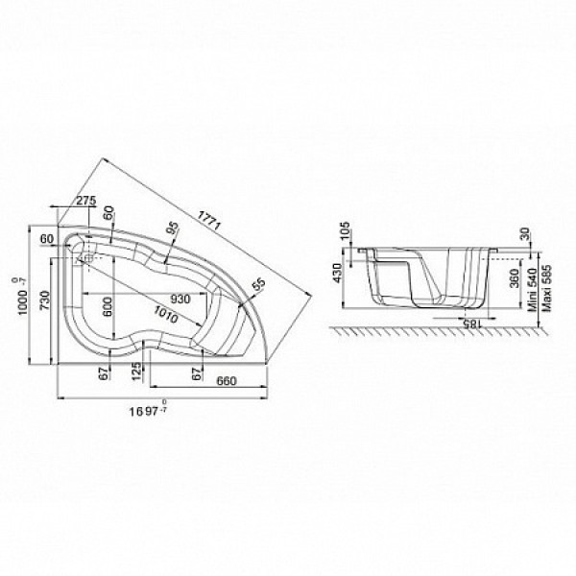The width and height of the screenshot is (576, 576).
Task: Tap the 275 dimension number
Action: [85, 200]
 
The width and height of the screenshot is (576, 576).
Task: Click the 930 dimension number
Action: [175, 298]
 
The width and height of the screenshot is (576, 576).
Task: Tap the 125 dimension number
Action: [137, 369]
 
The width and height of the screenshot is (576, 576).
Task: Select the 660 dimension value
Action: [228, 382]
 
